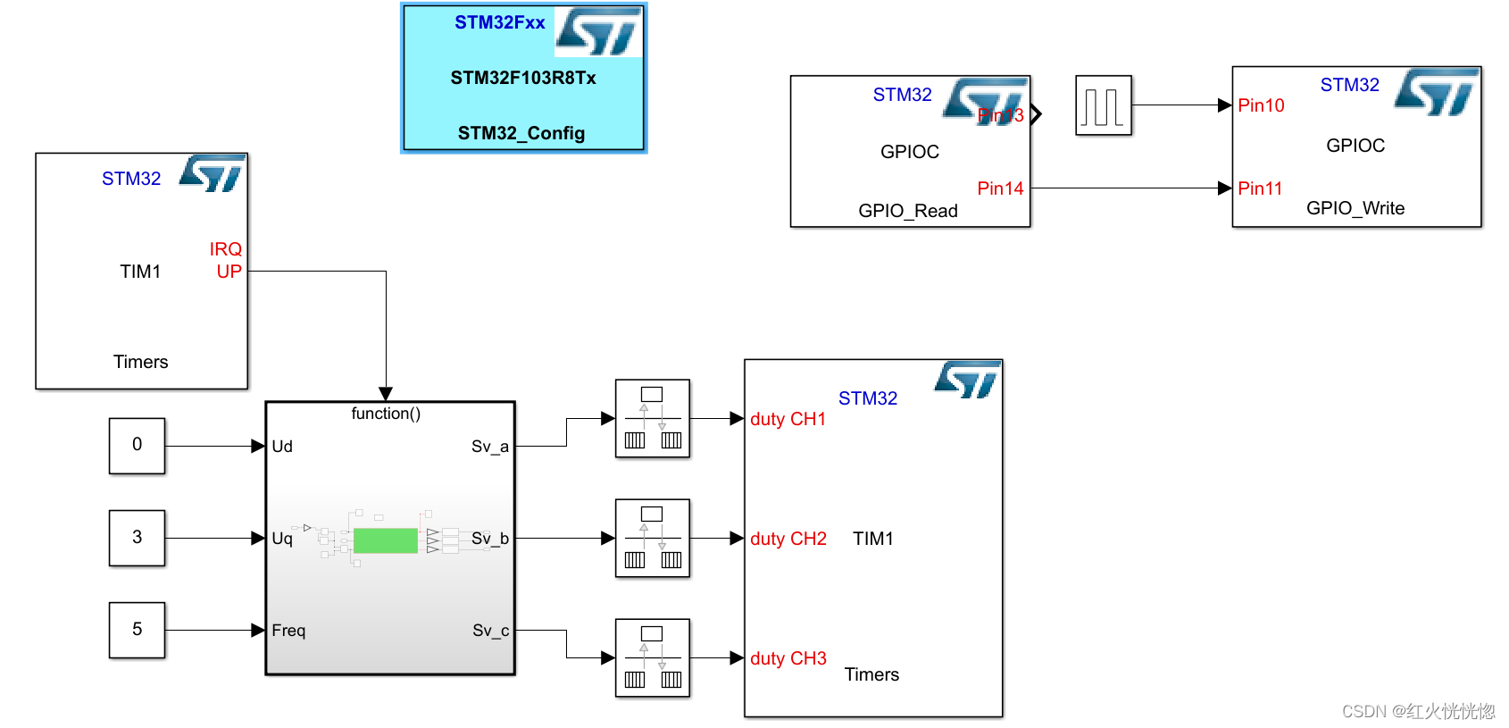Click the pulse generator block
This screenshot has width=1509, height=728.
pos(1104,105)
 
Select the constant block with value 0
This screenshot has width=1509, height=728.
pos(137,445)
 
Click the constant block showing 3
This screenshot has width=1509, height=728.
pos(137,538)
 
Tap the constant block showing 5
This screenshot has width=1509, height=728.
pos(137,630)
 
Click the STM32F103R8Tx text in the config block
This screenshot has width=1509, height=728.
pos(523,78)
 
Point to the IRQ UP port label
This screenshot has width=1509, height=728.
pos(227,260)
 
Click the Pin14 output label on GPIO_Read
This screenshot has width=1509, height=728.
pos(1000,188)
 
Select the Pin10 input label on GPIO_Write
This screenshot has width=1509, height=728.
pos(1261,105)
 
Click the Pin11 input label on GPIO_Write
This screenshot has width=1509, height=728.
pos(1260,188)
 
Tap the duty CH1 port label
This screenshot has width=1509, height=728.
pos(788,419)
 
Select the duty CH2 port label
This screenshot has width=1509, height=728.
pos(788,539)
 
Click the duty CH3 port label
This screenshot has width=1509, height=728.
pos(788,658)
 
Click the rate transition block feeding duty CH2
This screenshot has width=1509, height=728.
pos(653,538)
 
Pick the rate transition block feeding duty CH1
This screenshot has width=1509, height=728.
pos(653,418)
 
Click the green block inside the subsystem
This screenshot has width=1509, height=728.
pos(386,540)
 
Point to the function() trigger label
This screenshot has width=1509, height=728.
pos(386,414)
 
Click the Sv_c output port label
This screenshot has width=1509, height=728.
pos(490,631)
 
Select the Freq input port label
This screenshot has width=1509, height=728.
pos(288,631)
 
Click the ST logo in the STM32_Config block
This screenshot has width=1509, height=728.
pos(598,32)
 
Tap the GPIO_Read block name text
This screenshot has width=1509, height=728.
pos(908,211)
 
